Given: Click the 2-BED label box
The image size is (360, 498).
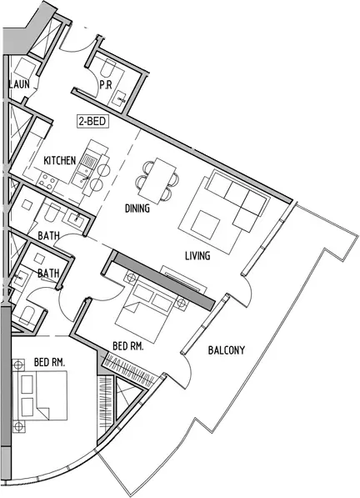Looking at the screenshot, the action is (92, 122).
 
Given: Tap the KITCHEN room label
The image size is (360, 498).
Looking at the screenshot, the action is (60, 161).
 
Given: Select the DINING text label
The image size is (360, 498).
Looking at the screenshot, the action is (137, 209).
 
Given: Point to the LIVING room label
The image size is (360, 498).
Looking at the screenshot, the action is (197, 255).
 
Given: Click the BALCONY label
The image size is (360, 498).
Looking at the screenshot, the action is (227, 350).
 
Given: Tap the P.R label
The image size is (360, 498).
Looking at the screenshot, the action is (106, 85).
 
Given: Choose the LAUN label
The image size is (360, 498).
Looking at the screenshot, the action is (20, 84).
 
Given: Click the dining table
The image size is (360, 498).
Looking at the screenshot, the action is (157, 181).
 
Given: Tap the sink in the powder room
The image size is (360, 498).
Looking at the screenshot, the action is (120, 98).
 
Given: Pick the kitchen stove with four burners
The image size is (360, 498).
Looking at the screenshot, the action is (47, 182).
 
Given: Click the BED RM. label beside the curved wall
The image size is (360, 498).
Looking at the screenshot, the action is (49, 362).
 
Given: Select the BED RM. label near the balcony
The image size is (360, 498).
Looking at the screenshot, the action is (128, 346).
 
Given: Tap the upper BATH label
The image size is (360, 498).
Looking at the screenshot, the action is (48, 236).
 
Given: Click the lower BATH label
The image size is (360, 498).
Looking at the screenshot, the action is (48, 273).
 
